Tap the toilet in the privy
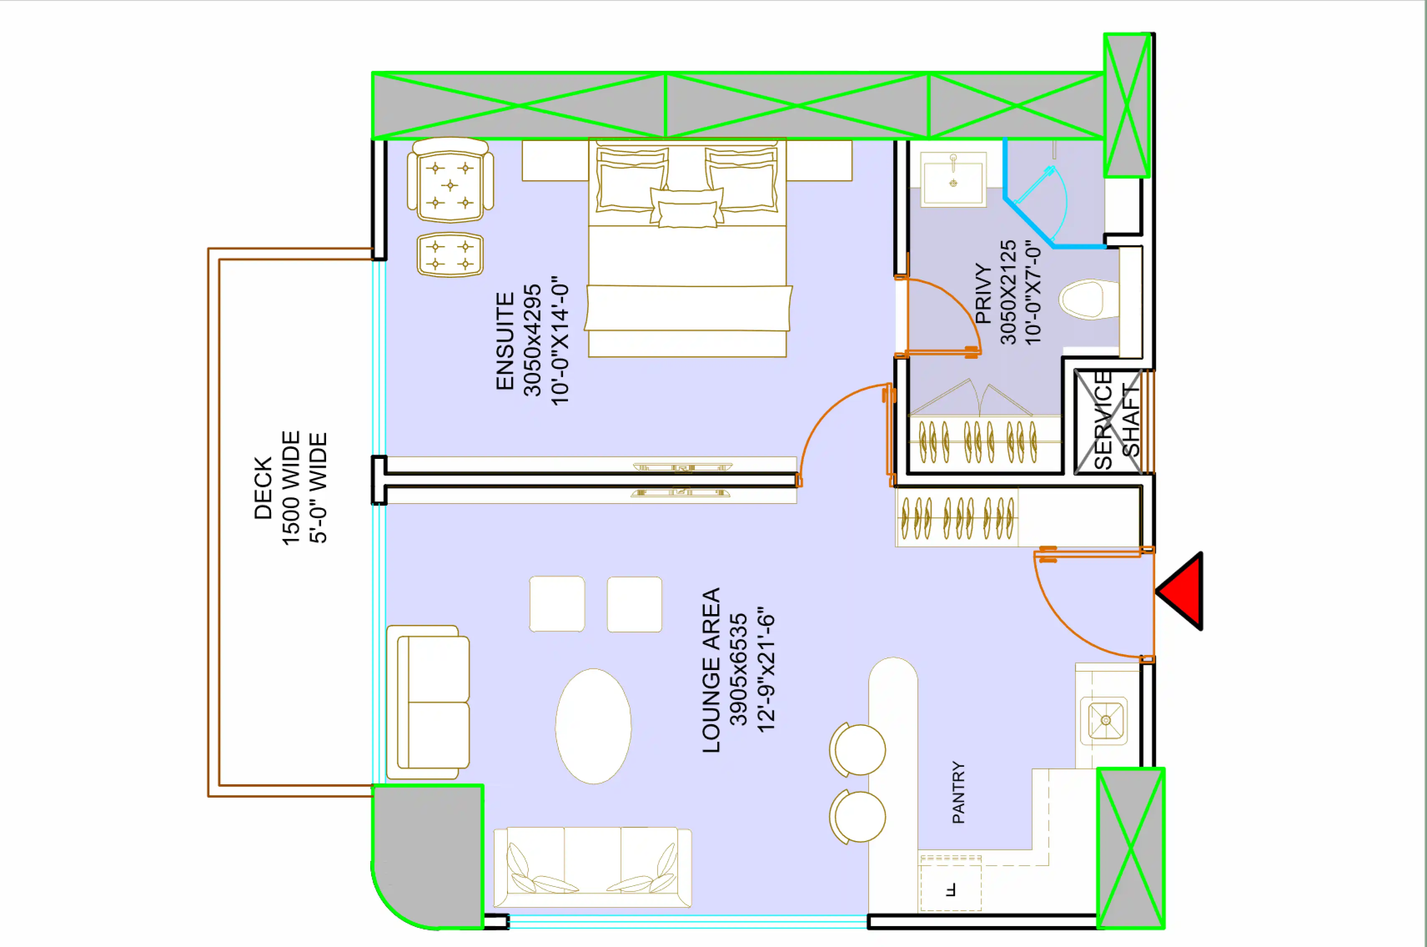(1087, 299)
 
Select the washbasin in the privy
(953, 179)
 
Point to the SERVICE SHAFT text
(1116, 421)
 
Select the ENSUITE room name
(505, 341)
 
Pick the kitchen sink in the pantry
(1104, 720)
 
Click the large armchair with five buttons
(450, 181)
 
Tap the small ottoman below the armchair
(450, 255)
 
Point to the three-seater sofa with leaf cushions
(592, 867)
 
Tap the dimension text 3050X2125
(1008, 292)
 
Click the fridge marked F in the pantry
(950, 883)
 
